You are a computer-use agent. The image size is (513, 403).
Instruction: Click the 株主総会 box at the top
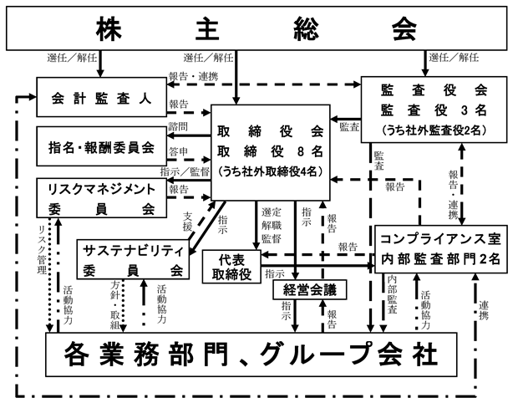point(256,28)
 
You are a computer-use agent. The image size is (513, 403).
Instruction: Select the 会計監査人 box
point(101,97)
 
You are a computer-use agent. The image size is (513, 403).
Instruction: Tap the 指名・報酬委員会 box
point(101,146)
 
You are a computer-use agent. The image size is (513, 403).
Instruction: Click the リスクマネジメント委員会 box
point(101,198)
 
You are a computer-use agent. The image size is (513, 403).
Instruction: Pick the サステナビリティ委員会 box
point(133,259)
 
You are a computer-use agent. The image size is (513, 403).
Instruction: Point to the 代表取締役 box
point(231,267)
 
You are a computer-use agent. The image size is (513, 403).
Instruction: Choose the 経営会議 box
point(310,290)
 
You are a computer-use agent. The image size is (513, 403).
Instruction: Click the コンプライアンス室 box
point(440,249)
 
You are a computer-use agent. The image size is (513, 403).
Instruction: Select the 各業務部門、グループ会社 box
point(251,355)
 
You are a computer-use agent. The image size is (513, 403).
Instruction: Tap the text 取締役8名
point(270,151)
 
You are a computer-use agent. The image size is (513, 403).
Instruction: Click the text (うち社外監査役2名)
point(434,130)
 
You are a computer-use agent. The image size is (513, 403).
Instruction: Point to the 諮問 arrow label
point(178,126)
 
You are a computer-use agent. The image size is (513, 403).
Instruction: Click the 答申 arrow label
point(179,152)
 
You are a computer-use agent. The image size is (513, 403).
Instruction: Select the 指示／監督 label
point(185,172)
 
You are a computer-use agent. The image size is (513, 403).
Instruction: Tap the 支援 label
point(187,222)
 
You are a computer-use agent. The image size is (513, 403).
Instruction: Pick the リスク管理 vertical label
point(43,249)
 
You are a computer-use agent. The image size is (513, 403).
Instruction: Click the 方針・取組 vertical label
point(114,305)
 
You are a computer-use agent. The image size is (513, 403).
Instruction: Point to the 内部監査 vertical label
point(392,294)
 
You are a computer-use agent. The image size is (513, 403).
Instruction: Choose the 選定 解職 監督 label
point(272,226)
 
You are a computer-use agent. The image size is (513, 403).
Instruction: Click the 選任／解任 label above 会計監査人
point(72,58)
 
